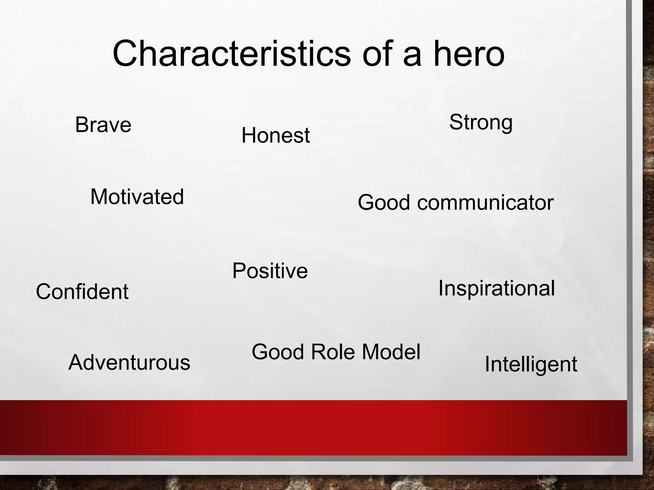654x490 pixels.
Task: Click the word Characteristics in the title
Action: tap(232, 54)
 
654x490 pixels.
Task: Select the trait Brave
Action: tap(103, 125)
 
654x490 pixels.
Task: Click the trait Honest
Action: tap(275, 135)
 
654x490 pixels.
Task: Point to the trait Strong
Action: tap(481, 122)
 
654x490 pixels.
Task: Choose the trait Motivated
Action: tap(137, 197)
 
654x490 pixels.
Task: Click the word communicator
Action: tap(485, 203)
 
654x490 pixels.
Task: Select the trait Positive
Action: tap(270, 271)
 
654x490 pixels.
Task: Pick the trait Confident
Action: tap(82, 292)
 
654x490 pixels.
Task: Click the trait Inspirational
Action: tap(496, 288)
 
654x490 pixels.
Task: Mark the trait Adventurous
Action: tap(129, 363)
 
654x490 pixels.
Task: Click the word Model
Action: tap(391, 352)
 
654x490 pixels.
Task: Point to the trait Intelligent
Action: tap(531, 364)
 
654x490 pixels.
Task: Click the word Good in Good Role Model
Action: tap(278, 352)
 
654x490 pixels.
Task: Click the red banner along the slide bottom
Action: tap(313, 427)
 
